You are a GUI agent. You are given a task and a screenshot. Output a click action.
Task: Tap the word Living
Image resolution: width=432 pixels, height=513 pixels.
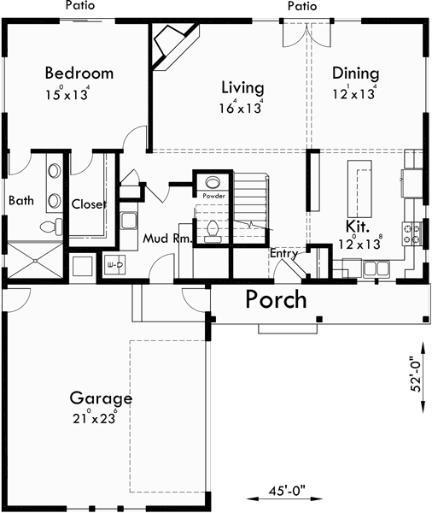pos(242,87)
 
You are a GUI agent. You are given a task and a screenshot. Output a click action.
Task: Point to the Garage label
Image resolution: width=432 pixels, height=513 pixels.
pos(101,398)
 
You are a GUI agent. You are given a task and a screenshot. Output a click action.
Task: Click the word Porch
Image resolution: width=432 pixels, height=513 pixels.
pos(277,299)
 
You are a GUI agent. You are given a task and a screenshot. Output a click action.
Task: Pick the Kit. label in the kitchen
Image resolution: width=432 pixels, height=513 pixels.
pos(357,227)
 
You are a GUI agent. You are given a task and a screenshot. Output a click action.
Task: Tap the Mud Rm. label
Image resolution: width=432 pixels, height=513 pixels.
pos(166,239)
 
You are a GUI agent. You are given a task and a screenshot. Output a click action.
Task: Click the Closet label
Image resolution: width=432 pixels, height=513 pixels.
pos(88,204)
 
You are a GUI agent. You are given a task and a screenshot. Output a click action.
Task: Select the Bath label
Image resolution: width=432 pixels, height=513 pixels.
pos(21,201)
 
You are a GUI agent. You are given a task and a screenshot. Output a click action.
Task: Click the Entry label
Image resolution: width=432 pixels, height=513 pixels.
pos(283,254)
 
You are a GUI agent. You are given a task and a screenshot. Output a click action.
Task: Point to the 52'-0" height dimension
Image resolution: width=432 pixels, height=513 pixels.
pos(416,374)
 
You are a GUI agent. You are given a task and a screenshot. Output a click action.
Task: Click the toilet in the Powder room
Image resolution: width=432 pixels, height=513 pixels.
pos(212,229)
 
